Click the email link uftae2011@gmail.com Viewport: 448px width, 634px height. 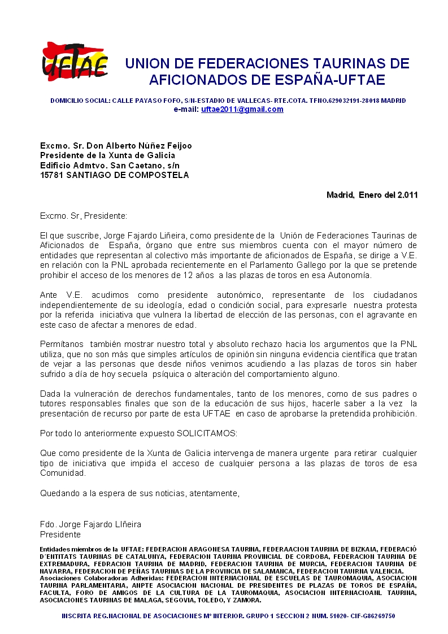(242, 110)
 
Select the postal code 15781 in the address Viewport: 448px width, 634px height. (51, 175)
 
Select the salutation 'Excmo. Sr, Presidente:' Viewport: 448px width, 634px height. (84, 216)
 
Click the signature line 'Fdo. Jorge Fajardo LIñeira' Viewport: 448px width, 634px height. (90, 524)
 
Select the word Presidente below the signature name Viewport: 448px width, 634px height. (60, 535)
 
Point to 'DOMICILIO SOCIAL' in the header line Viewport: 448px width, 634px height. (80, 101)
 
